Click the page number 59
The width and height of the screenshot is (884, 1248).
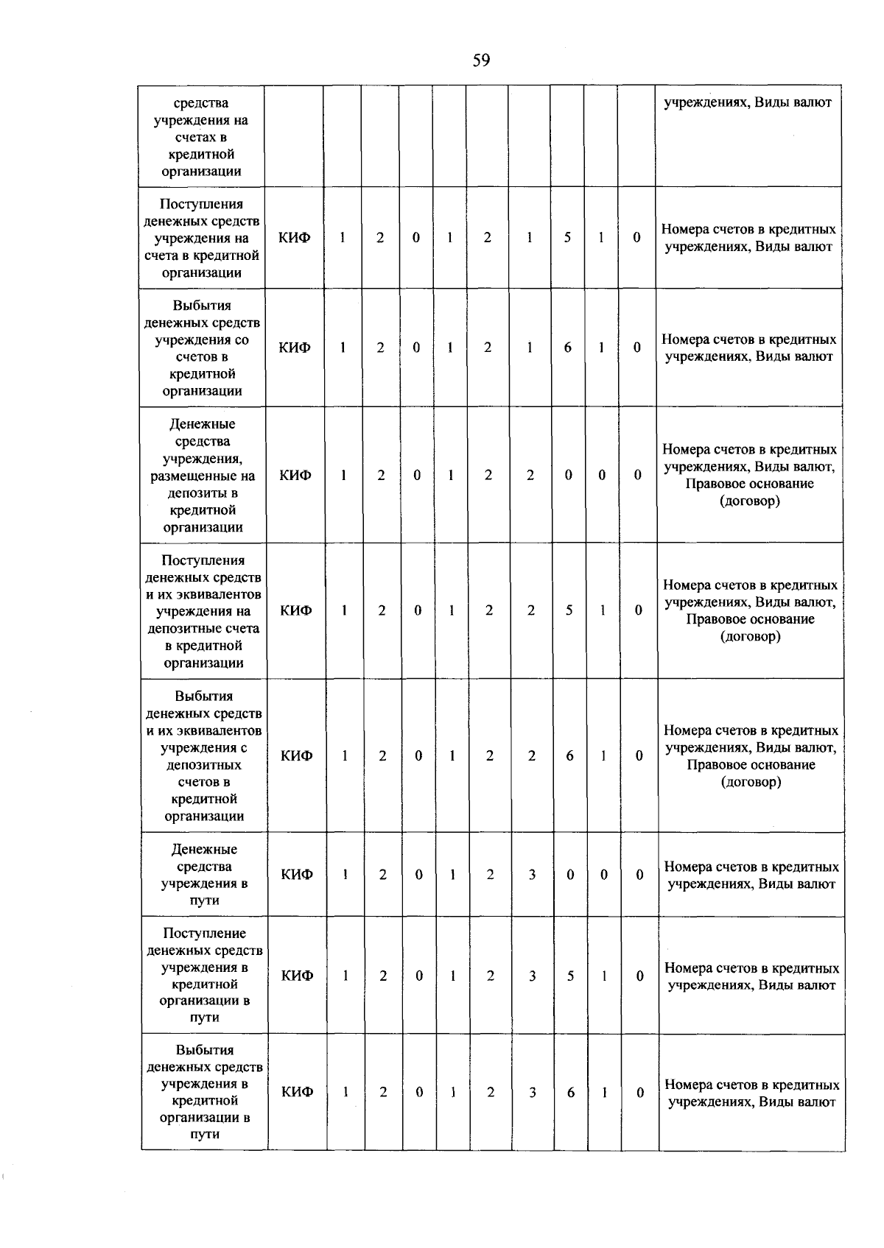coord(481,60)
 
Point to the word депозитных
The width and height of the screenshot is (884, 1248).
coord(204,765)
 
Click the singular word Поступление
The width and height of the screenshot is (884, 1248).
coord(205,934)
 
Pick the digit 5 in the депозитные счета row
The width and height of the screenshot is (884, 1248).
coord(569,610)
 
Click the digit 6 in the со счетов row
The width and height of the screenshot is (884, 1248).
coord(568,348)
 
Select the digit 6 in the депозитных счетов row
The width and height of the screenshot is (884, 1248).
coord(569,756)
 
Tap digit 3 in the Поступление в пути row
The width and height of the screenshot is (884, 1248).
coord(532,976)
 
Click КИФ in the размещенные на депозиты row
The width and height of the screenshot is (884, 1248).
coord(295,476)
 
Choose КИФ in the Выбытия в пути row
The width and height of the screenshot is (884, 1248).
coord(298,1093)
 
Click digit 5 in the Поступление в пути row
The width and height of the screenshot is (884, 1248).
coord(570,976)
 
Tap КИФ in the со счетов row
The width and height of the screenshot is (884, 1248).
coord(295,348)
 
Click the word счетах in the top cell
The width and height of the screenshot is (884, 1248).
coord(201,138)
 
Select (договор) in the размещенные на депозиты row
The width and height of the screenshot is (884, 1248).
coord(750,501)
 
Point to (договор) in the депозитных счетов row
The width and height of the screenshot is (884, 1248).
coord(751,782)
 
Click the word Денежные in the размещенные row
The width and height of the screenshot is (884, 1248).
coord(203,425)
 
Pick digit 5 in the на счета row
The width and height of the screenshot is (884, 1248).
coord(567,238)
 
